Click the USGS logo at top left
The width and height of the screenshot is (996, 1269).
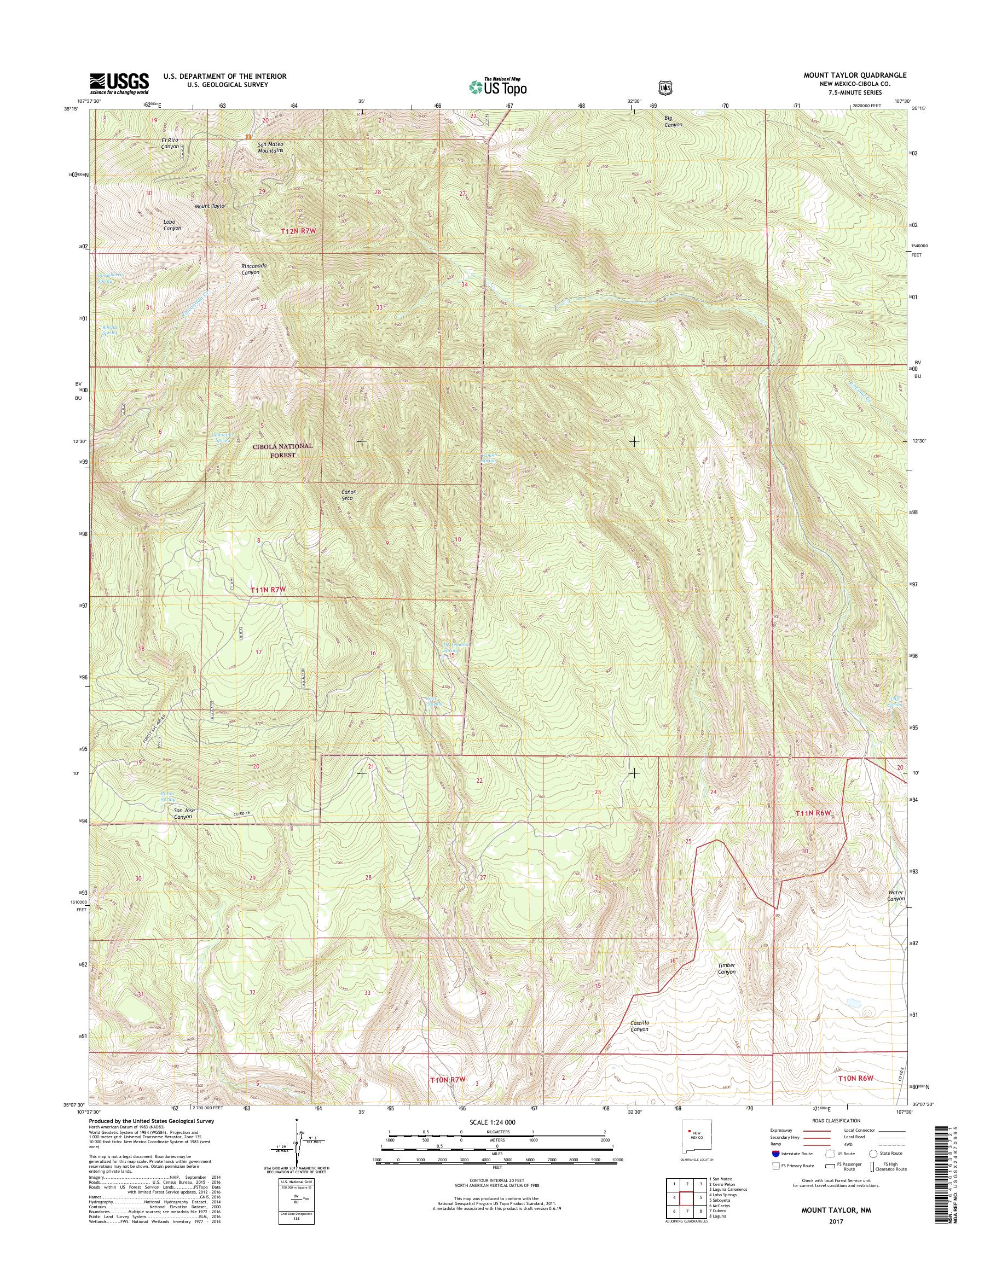click(119, 83)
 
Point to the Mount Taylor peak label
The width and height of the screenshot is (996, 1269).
click(210, 206)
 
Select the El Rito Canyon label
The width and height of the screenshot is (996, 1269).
click(170, 143)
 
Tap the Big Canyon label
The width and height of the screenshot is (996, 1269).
click(673, 121)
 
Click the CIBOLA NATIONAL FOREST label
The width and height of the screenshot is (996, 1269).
click(282, 450)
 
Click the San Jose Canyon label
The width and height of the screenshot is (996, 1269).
click(184, 814)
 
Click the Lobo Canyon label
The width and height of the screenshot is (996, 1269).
click(172, 225)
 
